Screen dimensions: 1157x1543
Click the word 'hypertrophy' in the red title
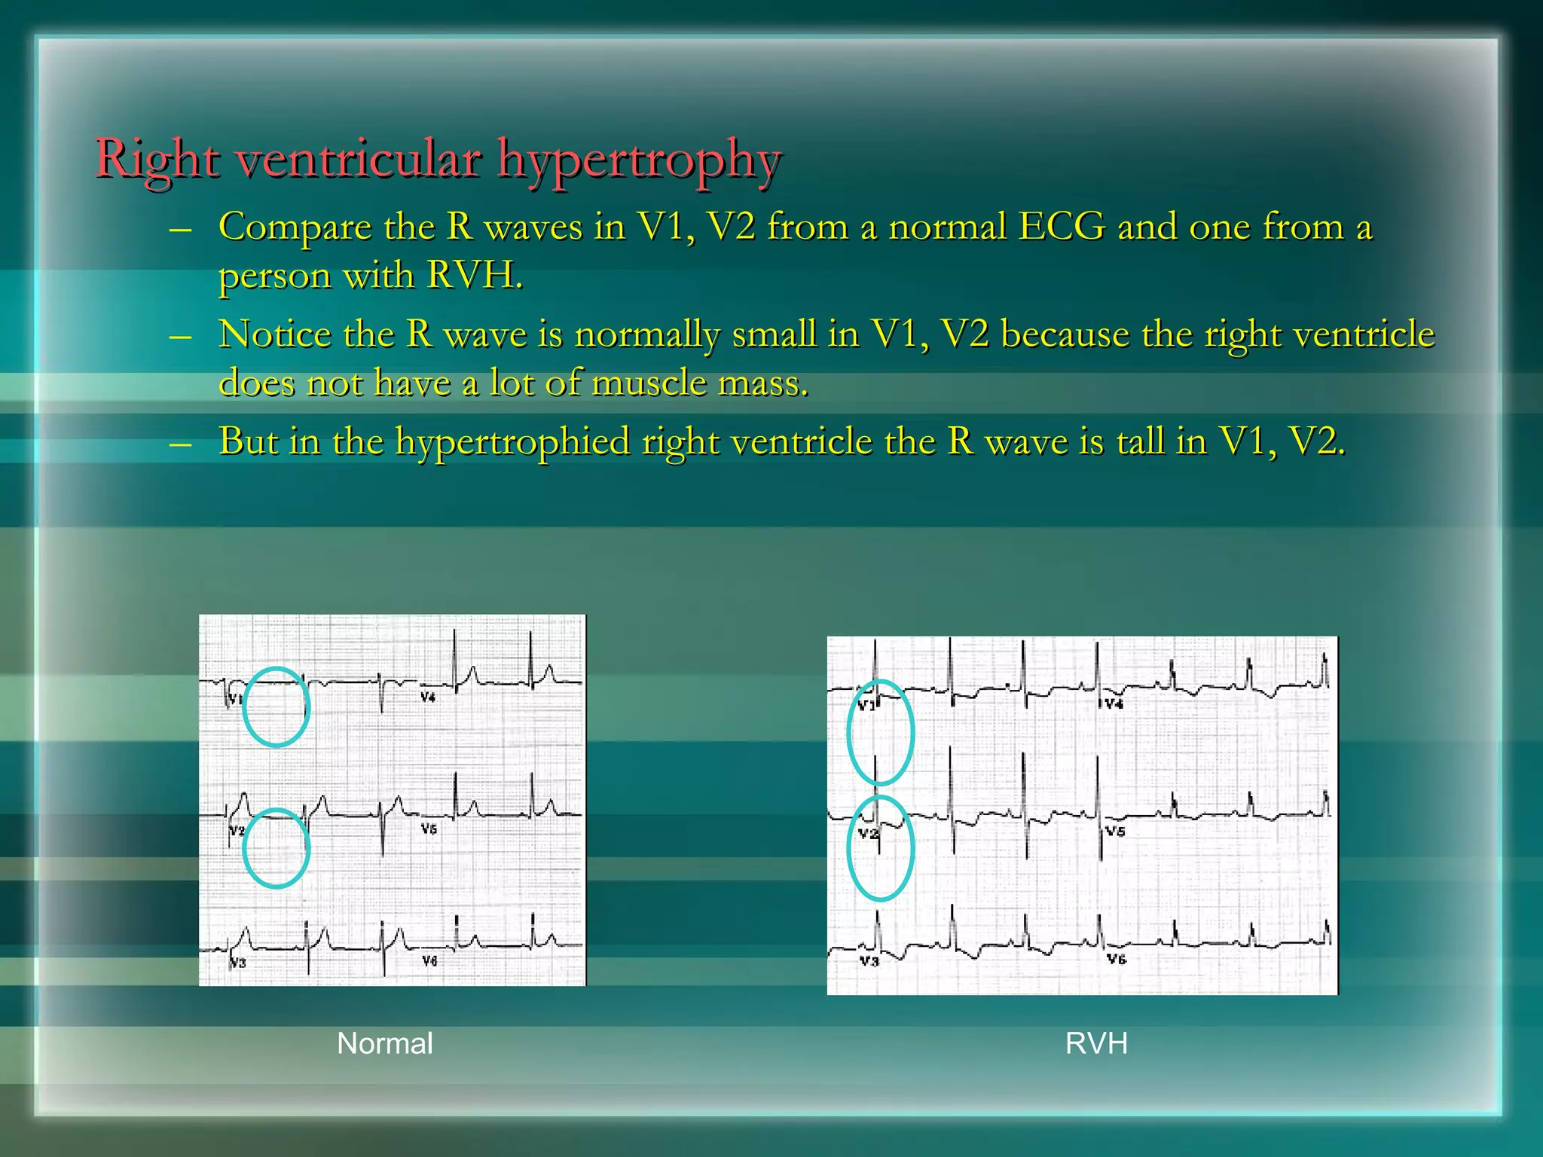point(640,160)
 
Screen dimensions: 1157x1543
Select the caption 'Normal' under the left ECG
point(384,1043)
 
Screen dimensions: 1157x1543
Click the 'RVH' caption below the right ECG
point(1096,1043)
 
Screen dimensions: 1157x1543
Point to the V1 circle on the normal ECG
point(276,707)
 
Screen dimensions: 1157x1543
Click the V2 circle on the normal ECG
point(276,848)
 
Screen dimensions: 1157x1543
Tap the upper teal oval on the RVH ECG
point(880,731)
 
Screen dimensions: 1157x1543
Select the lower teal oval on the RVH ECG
point(880,848)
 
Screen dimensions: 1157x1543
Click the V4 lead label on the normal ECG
point(428,698)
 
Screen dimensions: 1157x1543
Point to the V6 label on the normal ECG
point(429,961)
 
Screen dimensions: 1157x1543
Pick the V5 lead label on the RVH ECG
point(1115,831)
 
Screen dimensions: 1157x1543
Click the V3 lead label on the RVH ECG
point(869,961)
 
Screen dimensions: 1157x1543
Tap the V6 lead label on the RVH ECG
point(1117,959)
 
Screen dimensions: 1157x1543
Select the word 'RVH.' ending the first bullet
point(474,275)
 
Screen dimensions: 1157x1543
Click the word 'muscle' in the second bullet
point(649,383)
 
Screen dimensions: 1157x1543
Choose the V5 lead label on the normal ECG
point(429,829)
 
